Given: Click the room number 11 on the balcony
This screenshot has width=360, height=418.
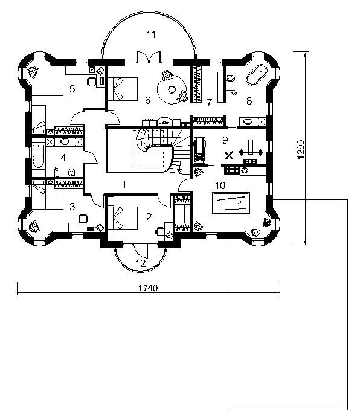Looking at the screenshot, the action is [x=151, y=34].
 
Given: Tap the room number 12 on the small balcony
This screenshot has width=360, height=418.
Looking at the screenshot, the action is [x=141, y=263].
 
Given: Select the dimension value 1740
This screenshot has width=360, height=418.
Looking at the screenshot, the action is [x=148, y=288].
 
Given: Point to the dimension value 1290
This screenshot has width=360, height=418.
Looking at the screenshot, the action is [x=301, y=149].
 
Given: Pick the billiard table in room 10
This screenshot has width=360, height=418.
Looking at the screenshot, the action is [x=231, y=203].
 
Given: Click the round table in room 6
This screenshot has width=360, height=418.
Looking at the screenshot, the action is [x=172, y=89].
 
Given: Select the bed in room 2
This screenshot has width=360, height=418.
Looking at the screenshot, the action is [x=123, y=218].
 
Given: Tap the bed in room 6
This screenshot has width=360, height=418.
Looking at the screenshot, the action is [x=123, y=89].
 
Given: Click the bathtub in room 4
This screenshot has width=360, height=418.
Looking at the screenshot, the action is [x=39, y=156].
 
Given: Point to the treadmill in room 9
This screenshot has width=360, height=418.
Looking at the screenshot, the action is [x=199, y=150].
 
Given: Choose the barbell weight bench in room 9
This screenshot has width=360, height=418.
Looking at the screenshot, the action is [x=251, y=151].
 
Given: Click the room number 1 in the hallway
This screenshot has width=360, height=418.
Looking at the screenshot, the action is [x=124, y=184].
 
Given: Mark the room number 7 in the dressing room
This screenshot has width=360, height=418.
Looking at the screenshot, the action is [x=210, y=102].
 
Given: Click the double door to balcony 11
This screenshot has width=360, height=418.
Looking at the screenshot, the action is [x=149, y=57].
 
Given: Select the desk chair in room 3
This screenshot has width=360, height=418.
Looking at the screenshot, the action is [x=83, y=218].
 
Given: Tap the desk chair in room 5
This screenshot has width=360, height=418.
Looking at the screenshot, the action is [x=91, y=82].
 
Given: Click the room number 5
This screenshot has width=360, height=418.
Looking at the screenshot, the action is [x=72, y=89].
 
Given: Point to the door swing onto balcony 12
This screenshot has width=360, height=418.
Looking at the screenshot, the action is [x=141, y=251].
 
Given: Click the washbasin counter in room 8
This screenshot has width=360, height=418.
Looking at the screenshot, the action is [x=252, y=122].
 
